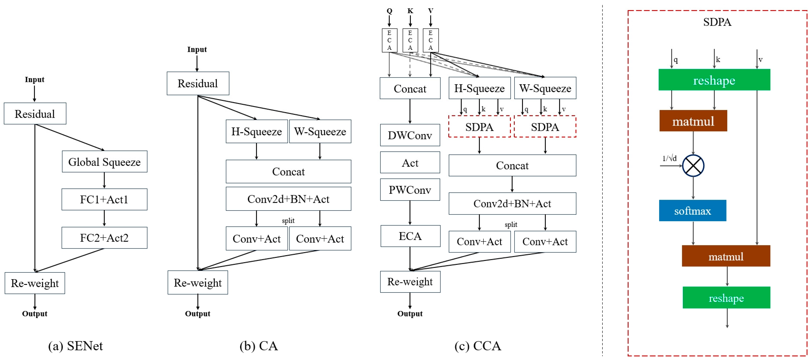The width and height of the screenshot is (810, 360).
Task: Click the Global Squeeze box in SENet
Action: coord(104,162)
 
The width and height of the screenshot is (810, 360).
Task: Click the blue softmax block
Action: coord(692,211)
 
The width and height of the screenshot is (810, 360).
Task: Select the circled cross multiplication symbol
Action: coord(693,166)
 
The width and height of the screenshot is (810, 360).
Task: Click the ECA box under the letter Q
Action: coord(389,40)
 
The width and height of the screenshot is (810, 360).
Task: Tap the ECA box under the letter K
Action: coord(410,40)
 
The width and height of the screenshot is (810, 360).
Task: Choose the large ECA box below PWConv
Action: coord(410,236)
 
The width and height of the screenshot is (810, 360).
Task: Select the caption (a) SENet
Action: coord(75,346)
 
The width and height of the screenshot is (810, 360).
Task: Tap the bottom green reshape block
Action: coord(726,298)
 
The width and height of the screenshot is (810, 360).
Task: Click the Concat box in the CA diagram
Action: coord(288,172)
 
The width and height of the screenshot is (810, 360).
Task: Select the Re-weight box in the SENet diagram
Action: coord(35,283)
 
